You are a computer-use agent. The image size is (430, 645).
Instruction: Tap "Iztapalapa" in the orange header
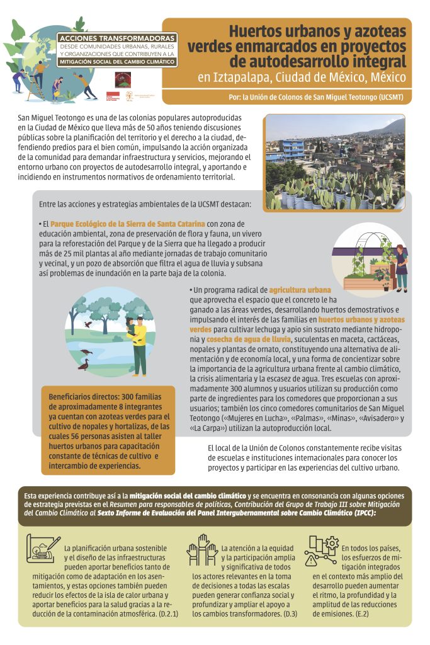(x=244, y=78)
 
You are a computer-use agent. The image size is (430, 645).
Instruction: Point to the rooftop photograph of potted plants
(x=334, y=162)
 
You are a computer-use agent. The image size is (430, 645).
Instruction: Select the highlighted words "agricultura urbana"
(x=291, y=290)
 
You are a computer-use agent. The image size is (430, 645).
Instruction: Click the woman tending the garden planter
(x=400, y=265)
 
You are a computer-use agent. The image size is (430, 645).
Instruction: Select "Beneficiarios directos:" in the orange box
(x=88, y=396)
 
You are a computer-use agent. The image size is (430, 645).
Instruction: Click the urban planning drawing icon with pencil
(x=43, y=548)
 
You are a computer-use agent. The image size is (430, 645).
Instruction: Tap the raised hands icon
(x=201, y=548)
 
